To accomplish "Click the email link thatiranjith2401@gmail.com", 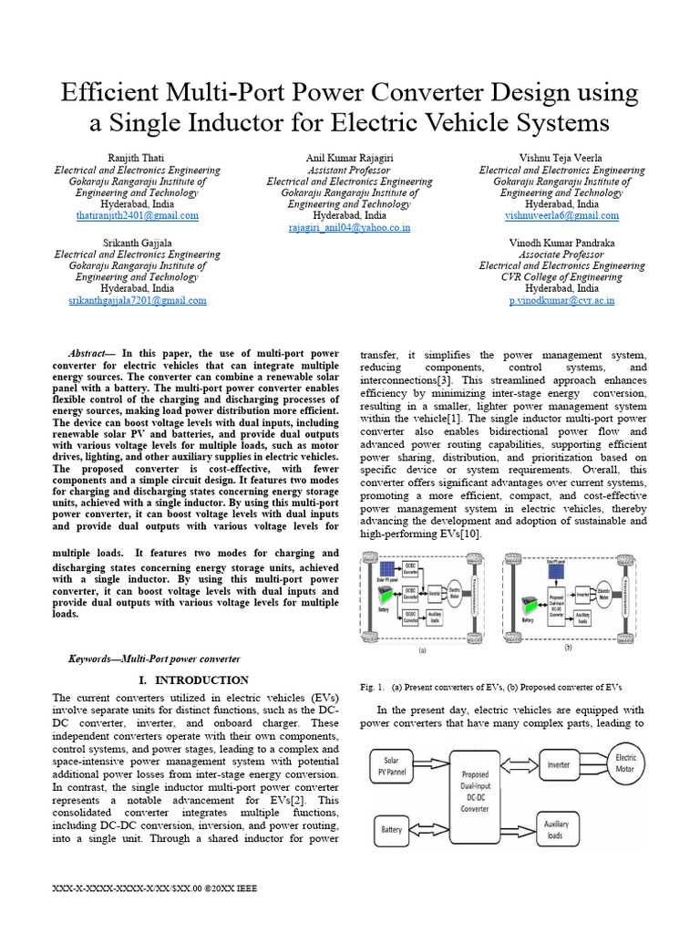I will click(137, 216).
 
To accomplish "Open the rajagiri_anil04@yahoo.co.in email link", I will click(349, 228).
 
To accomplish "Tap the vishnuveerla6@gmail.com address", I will click(561, 216).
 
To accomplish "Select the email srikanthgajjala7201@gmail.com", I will click(137, 300).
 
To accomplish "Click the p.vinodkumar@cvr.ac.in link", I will click(561, 300).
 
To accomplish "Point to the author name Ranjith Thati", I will click(137, 159).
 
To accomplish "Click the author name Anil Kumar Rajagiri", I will click(349, 159).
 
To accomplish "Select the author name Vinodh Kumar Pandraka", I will click(561, 243).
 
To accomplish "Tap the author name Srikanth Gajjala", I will click(137, 243).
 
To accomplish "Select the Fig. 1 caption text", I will click(491, 687).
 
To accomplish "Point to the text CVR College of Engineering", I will click(561, 276).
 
